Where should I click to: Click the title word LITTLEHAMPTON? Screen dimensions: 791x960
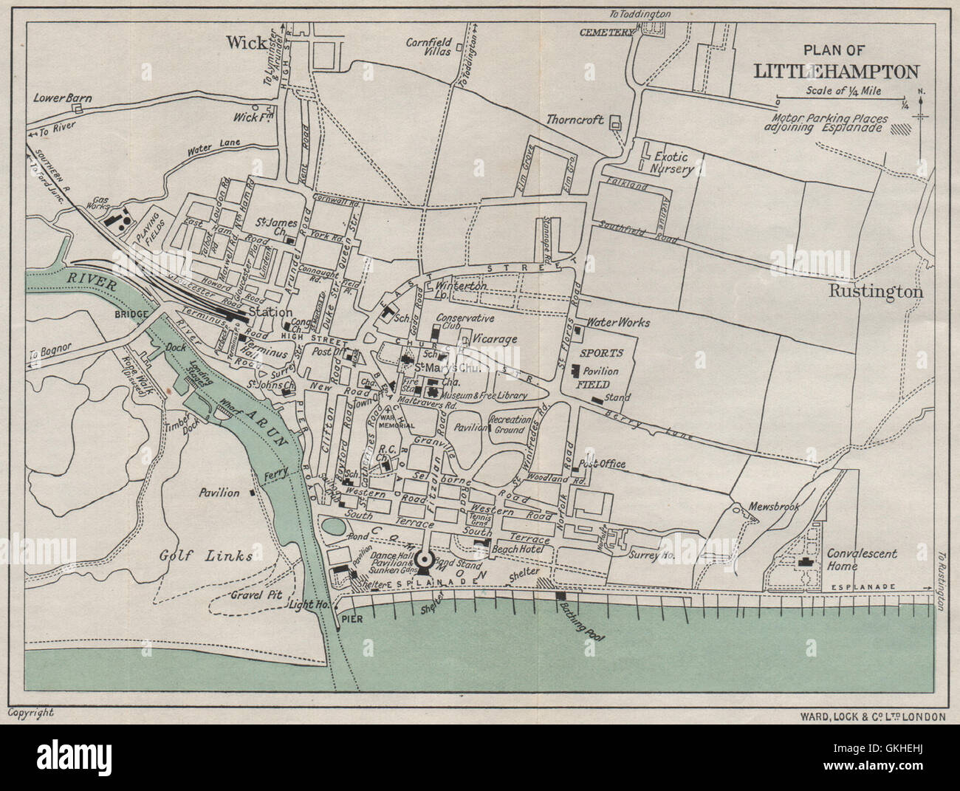835,71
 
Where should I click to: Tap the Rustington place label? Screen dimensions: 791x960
875,292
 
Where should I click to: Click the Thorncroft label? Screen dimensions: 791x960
575,119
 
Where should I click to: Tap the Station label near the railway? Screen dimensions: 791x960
271,312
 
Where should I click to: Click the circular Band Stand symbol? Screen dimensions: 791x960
426,562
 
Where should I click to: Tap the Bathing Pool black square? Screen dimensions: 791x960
560,595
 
